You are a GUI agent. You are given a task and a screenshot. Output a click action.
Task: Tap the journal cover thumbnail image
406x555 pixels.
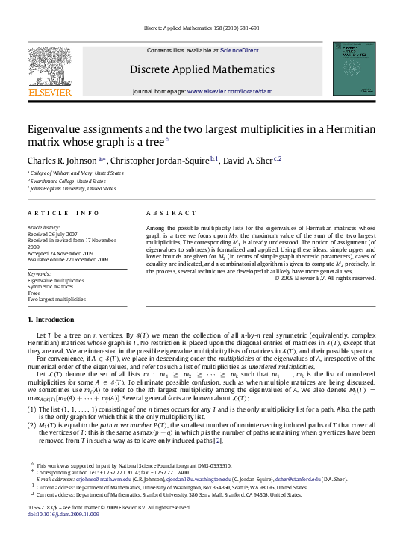click(x=354, y=68)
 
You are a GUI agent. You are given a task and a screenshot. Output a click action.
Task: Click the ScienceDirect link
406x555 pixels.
click(x=240, y=50)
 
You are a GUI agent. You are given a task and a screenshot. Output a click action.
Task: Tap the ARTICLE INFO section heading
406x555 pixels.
click(x=63, y=213)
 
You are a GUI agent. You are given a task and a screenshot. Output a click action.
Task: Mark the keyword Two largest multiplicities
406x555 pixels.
click(x=57, y=299)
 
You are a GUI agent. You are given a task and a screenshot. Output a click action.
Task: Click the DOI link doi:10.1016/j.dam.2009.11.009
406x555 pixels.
click(x=68, y=514)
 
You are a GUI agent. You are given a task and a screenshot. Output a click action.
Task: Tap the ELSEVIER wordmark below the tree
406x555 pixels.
click(x=50, y=92)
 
